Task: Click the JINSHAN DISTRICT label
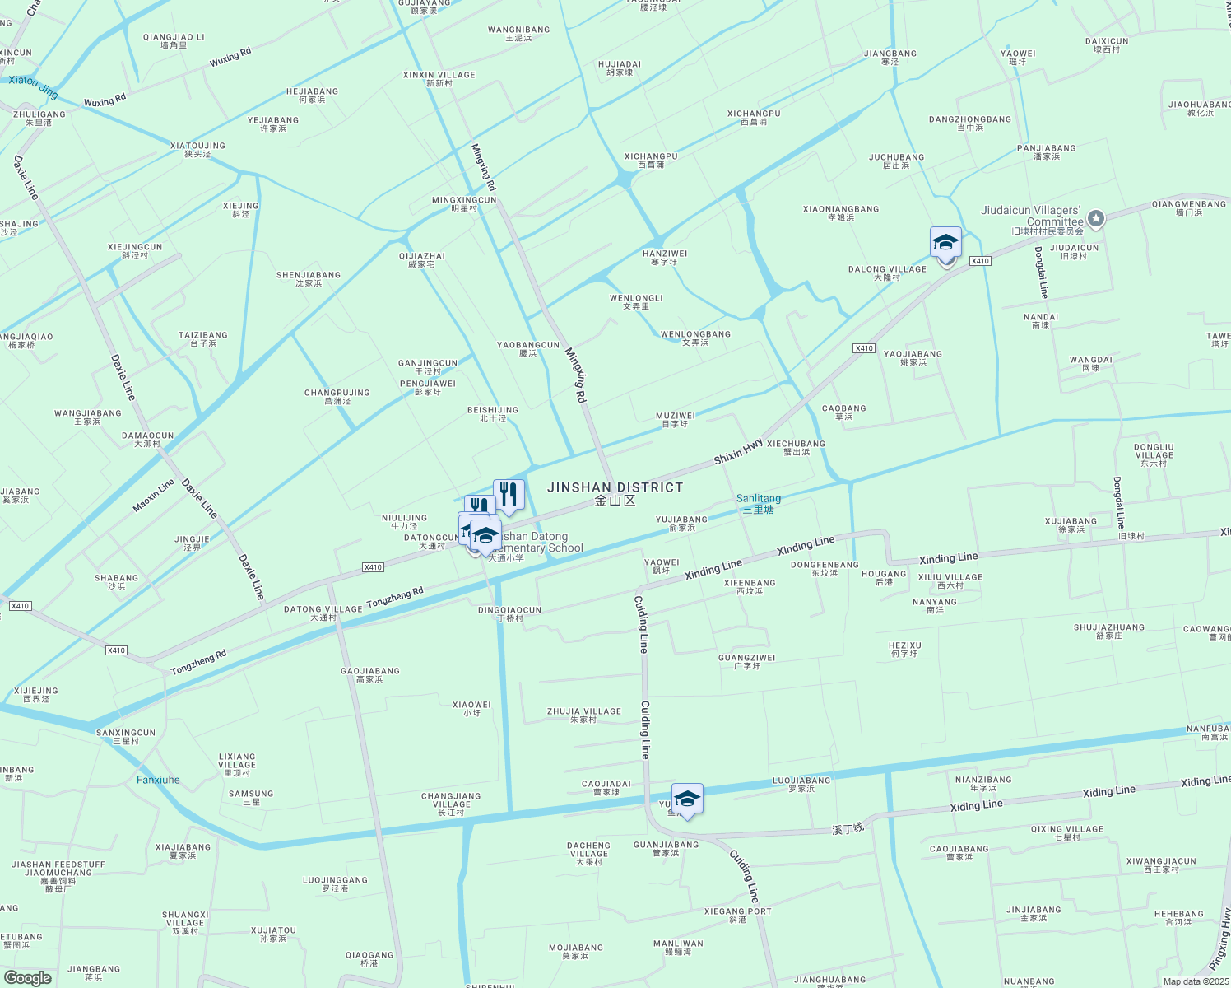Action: (x=615, y=487)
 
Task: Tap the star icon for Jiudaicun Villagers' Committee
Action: (x=1095, y=219)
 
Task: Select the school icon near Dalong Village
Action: (x=945, y=244)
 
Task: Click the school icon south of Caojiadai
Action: (x=687, y=799)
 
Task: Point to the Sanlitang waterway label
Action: (x=759, y=499)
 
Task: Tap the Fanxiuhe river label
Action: (x=158, y=780)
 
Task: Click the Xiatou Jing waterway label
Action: (x=34, y=85)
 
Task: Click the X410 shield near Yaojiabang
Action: (x=863, y=348)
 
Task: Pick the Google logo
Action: (x=27, y=978)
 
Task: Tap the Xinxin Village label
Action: (x=439, y=75)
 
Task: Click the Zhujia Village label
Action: (x=584, y=711)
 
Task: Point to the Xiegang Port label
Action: (x=738, y=911)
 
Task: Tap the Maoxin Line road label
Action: (x=154, y=496)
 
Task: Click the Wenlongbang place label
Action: (x=695, y=335)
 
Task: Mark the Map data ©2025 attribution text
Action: (x=1196, y=981)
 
